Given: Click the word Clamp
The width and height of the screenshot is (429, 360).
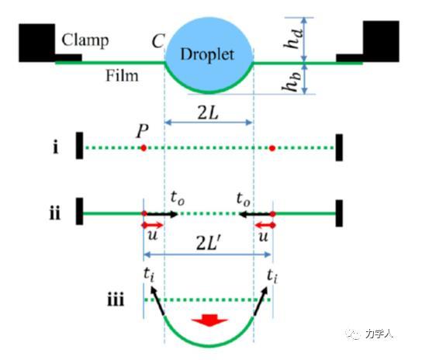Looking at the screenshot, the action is click(x=85, y=41).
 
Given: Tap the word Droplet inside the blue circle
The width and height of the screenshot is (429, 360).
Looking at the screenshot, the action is click(x=207, y=54).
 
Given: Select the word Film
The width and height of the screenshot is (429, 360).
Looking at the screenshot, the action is click(x=122, y=76).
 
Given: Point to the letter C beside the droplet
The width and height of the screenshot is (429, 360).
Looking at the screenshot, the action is click(x=158, y=42).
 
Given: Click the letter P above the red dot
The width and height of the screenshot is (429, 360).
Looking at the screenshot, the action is click(x=143, y=131).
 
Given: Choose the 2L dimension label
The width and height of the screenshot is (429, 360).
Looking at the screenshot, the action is click(x=208, y=112).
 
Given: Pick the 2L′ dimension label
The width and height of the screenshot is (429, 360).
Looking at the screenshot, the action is click(x=208, y=243).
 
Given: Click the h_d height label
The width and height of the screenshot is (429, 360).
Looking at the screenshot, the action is click(x=293, y=39).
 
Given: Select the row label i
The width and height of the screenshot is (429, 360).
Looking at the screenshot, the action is click(x=56, y=147).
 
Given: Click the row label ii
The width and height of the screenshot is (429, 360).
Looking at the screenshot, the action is click(x=54, y=213).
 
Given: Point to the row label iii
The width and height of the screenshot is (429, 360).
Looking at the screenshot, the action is click(x=116, y=299).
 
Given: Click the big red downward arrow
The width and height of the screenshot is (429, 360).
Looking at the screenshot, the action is click(x=209, y=320).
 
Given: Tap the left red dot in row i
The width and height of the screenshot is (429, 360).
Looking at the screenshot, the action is click(x=144, y=148).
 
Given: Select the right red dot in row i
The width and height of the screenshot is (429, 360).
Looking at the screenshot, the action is click(x=272, y=148).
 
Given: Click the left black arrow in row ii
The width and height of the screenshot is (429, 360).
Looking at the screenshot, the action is click(x=161, y=214).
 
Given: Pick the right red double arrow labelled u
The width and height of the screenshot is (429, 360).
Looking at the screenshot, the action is click(x=265, y=225).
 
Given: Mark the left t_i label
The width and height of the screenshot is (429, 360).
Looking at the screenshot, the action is click(x=149, y=275).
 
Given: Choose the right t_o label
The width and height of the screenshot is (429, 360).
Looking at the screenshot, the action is click(x=244, y=199).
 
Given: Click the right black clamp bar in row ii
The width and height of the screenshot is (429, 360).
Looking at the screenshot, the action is click(x=339, y=213).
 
